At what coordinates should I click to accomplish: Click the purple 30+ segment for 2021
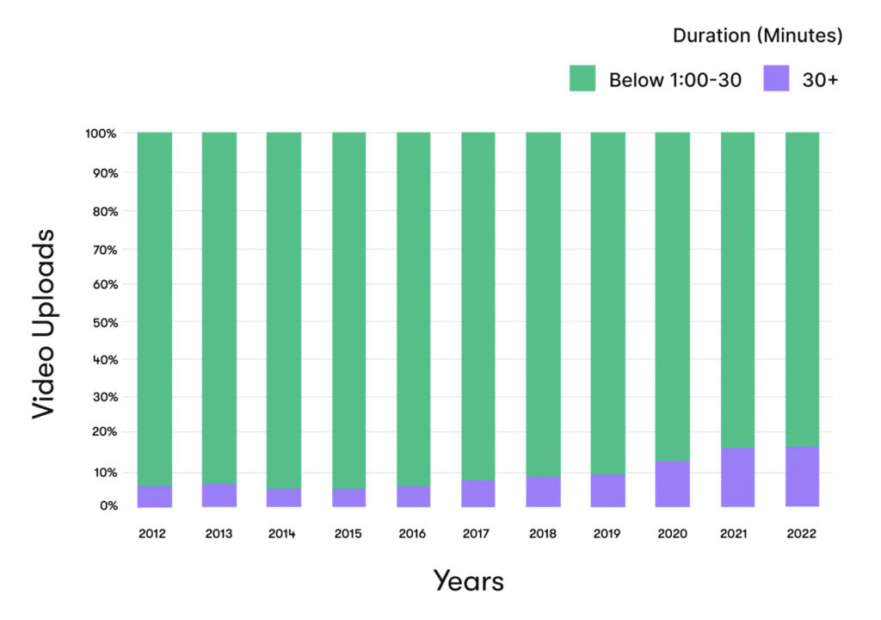pyautogui.click(x=737, y=476)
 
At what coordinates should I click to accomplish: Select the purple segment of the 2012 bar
pyautogui.click(x=155, y=497)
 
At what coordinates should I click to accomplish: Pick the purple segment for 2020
pyautogui.click(x=672, y=483)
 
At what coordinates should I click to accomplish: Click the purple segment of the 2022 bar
pyautogui.click(x=802, y=476)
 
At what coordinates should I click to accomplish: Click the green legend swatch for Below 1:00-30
pyautogui.click(x=582, y=79)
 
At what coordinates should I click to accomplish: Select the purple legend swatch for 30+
pyautogui.click(x=776, y=79)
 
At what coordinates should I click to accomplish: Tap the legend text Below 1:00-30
pyautogui.click(x=675, y=80)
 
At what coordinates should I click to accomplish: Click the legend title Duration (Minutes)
pyautogui.click(x=757, y=36)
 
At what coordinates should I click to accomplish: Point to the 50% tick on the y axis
pyautogui.click(x=103, y=323)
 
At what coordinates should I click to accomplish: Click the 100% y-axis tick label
pyautogui.click(x=101, y=133)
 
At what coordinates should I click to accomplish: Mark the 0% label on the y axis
pyautogui.click(x=108, y=505)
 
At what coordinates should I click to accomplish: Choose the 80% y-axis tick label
pyautogui.click(x=103, y=211)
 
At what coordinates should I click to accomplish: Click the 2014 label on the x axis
pyautogui.click(x=282, y=534)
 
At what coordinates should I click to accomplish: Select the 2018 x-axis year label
pyautogui.click(x=542, y=534)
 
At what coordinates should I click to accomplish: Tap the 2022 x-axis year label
pyautogui.click(x=801, y=534)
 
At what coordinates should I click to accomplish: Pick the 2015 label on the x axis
pyautogui.click(x=348, y=534)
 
